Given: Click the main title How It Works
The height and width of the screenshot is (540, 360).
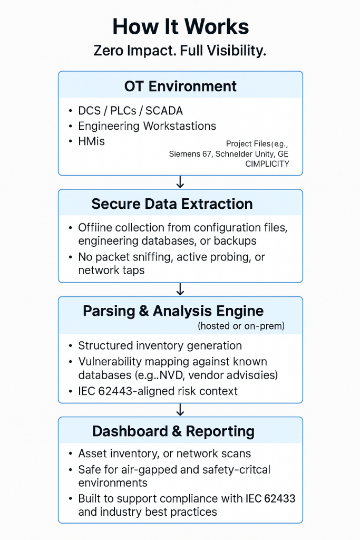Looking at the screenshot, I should click(x=180, y=26).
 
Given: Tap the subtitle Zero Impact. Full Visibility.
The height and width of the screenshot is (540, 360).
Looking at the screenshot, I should click(x=180, y=51).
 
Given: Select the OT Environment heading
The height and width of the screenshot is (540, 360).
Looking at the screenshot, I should click(x=180, y=86).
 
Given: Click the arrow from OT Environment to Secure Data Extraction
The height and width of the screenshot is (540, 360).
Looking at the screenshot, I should click(x=180, y=182).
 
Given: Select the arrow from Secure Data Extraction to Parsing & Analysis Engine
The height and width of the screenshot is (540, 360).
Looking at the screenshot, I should click(x=180, y=289).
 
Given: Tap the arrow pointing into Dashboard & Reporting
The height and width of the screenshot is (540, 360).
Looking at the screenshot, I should click(x=180, y=410).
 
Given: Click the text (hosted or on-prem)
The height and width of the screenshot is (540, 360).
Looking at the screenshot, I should click(x=241, y=326).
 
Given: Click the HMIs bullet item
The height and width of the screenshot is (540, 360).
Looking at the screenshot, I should click(x=91, y=141).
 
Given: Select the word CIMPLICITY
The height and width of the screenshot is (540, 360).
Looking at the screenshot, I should click(x=267, y=164).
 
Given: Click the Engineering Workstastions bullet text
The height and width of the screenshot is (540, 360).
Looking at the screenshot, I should click(x=147, y=126).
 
